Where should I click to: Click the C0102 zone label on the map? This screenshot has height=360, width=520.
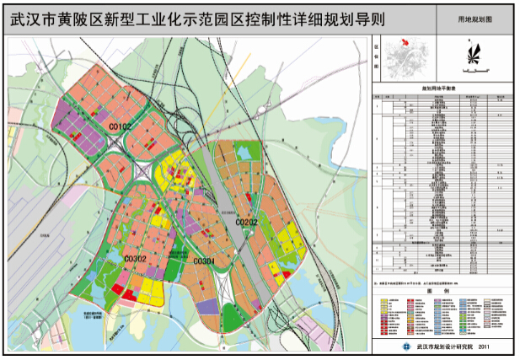121,126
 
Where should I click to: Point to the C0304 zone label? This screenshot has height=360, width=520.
204,261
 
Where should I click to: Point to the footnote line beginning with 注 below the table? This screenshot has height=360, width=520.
430,280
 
